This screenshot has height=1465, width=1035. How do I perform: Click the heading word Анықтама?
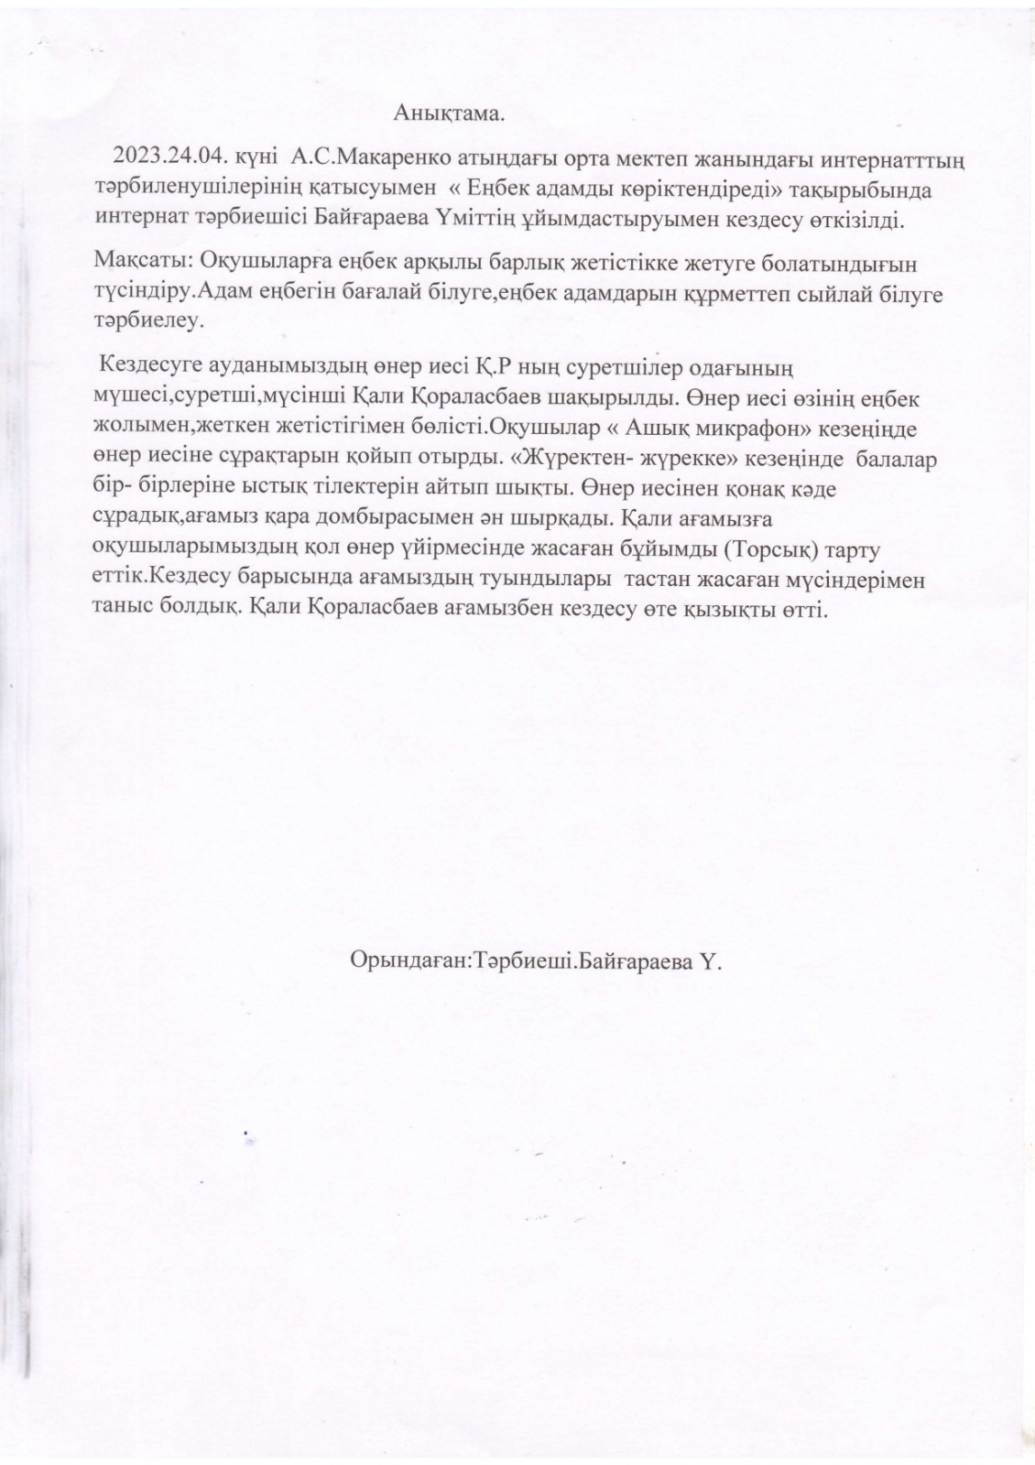tap(450, 114)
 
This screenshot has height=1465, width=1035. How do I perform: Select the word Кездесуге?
tap(155, 368)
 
